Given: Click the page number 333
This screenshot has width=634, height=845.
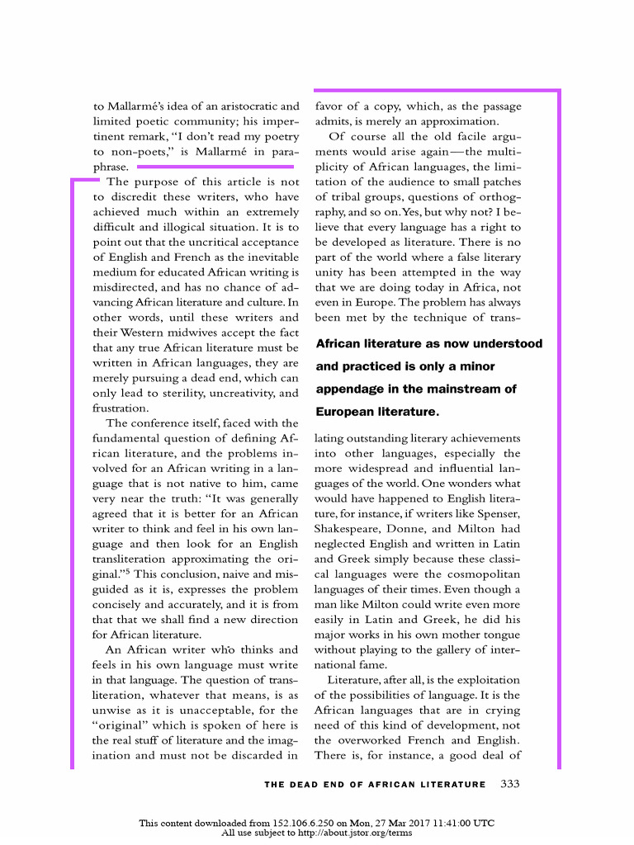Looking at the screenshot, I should [x=510, y=783].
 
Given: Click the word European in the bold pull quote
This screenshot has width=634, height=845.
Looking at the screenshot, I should [x=346, y=411].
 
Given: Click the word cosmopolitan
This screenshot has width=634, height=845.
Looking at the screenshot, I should [x=483, y=574].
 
